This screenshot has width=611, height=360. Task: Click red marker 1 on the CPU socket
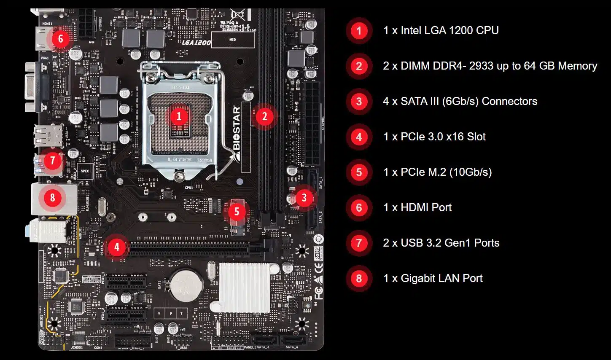[179, 116]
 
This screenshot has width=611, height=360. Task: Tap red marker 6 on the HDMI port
[60, 39]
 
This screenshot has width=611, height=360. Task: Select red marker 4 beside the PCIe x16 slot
[117, 247]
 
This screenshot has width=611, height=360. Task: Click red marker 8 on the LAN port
[52, 197]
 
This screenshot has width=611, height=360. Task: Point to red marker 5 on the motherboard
[237, 211]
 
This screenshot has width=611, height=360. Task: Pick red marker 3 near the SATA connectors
[304, 197]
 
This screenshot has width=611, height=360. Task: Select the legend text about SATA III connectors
[460, 101]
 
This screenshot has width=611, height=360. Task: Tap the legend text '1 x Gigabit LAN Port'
[433, 278]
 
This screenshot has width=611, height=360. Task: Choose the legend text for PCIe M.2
[438, 172]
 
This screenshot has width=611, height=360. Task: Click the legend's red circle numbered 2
[359, 66]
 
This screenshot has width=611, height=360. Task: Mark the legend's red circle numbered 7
[359, 243]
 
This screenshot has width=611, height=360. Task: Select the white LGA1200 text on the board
[196, 43]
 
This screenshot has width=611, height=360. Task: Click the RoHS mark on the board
[318, 253]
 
